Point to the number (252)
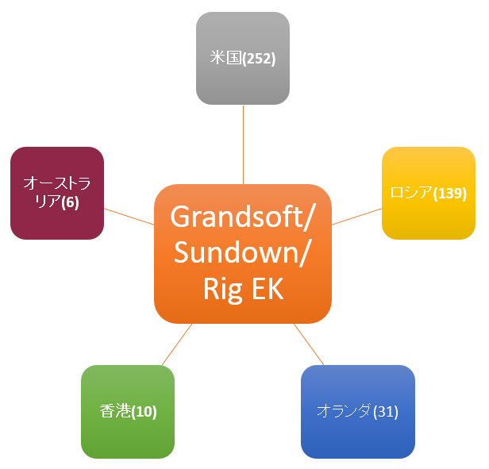click(259, 59)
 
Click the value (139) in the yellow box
click(450, 193)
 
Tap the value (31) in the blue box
click(385, 411)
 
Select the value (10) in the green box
click(144, 411)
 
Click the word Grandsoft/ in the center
click(243, 216)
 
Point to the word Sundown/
click(243, 252)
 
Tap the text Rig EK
click(243, 289)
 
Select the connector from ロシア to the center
click(356, 217)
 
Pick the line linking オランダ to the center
click(309, 344)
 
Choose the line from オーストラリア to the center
click(129, 217)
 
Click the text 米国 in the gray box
click(225, 59)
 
